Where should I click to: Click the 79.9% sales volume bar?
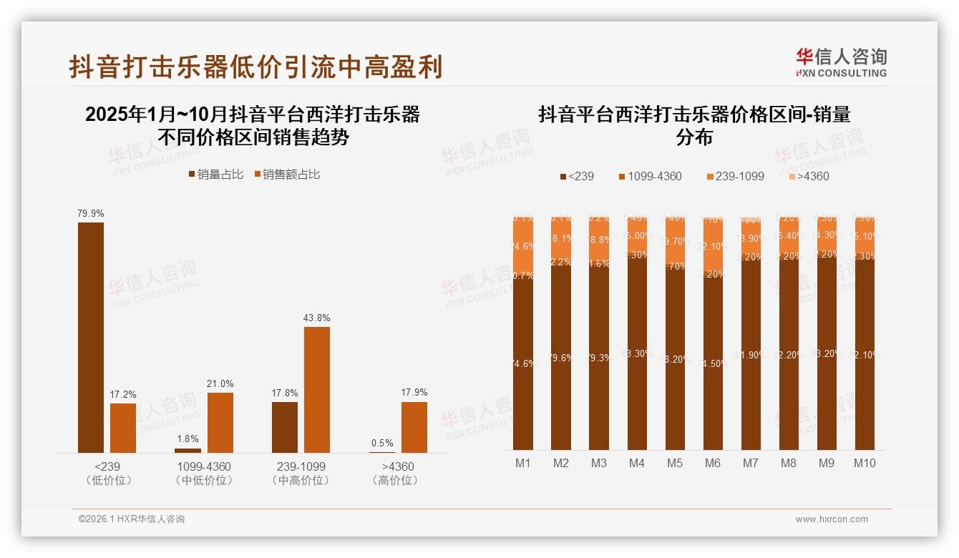click(91, 337)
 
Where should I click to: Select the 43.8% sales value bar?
click(317, 389)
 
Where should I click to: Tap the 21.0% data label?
click(220, 384)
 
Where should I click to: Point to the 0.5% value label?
click(382, 444)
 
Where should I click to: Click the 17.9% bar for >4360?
click(414, 427)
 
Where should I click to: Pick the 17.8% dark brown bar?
click(285, 427)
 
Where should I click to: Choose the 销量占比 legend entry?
click(215, 175)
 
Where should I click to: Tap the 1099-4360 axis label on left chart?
click(204, 467)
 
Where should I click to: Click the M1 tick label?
click(523, 464)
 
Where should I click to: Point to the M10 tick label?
click(865, 464)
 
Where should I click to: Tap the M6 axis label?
click(713, 464)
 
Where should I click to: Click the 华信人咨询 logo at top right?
click(841, 62)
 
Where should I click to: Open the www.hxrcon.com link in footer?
click(832, 519)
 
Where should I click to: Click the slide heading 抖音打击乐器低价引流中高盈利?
click(255, 67)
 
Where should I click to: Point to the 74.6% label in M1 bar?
click(523, 364)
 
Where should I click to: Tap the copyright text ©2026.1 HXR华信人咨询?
click(132, 519)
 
